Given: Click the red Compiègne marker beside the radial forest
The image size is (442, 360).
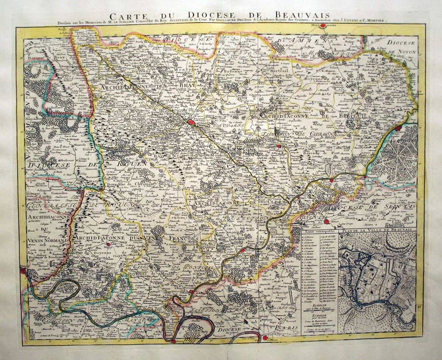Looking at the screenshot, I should (398, 128).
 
